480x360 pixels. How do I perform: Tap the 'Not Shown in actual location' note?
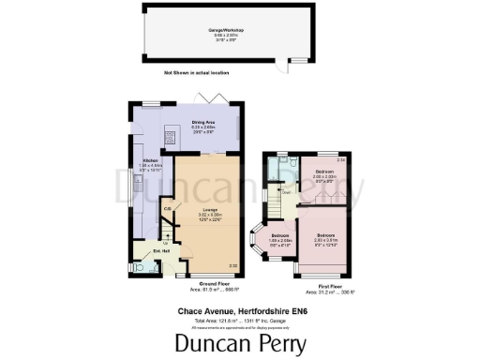pos(197,72)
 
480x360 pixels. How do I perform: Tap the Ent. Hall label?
pos(136,250)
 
